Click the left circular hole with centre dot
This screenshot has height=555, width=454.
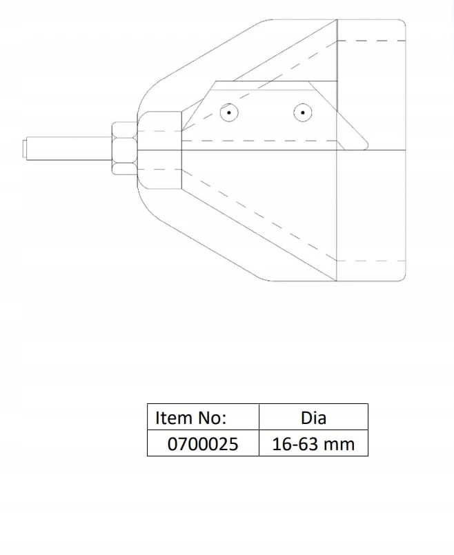[229, 113]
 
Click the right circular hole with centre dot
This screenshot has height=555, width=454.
[303, 112]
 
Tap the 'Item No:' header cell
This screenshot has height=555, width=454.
[204, 417]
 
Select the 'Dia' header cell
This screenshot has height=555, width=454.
[313, 417]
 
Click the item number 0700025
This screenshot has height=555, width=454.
[203, 443]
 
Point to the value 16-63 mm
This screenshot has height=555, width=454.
[313, 443]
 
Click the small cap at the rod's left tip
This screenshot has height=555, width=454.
[25, 149]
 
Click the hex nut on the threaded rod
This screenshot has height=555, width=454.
[124, 148]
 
